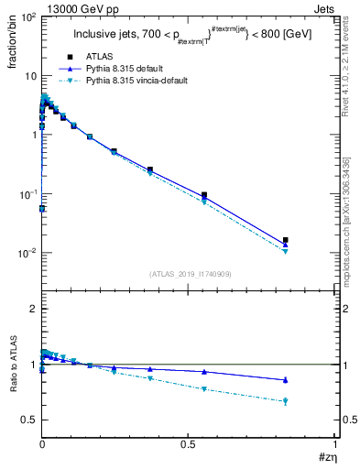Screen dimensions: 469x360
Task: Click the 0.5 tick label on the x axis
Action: point(188,443)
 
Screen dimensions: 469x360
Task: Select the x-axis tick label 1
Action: point(334,443)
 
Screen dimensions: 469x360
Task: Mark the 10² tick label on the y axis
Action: point(28,17)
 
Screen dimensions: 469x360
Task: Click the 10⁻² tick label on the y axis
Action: point(28,253)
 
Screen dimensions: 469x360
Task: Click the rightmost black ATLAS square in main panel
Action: point(286,240)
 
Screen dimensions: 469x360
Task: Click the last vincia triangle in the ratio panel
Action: point(286,401)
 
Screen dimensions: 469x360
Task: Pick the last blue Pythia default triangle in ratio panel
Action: point(286,380)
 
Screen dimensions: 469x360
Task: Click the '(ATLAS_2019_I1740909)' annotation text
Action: point(189,275)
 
